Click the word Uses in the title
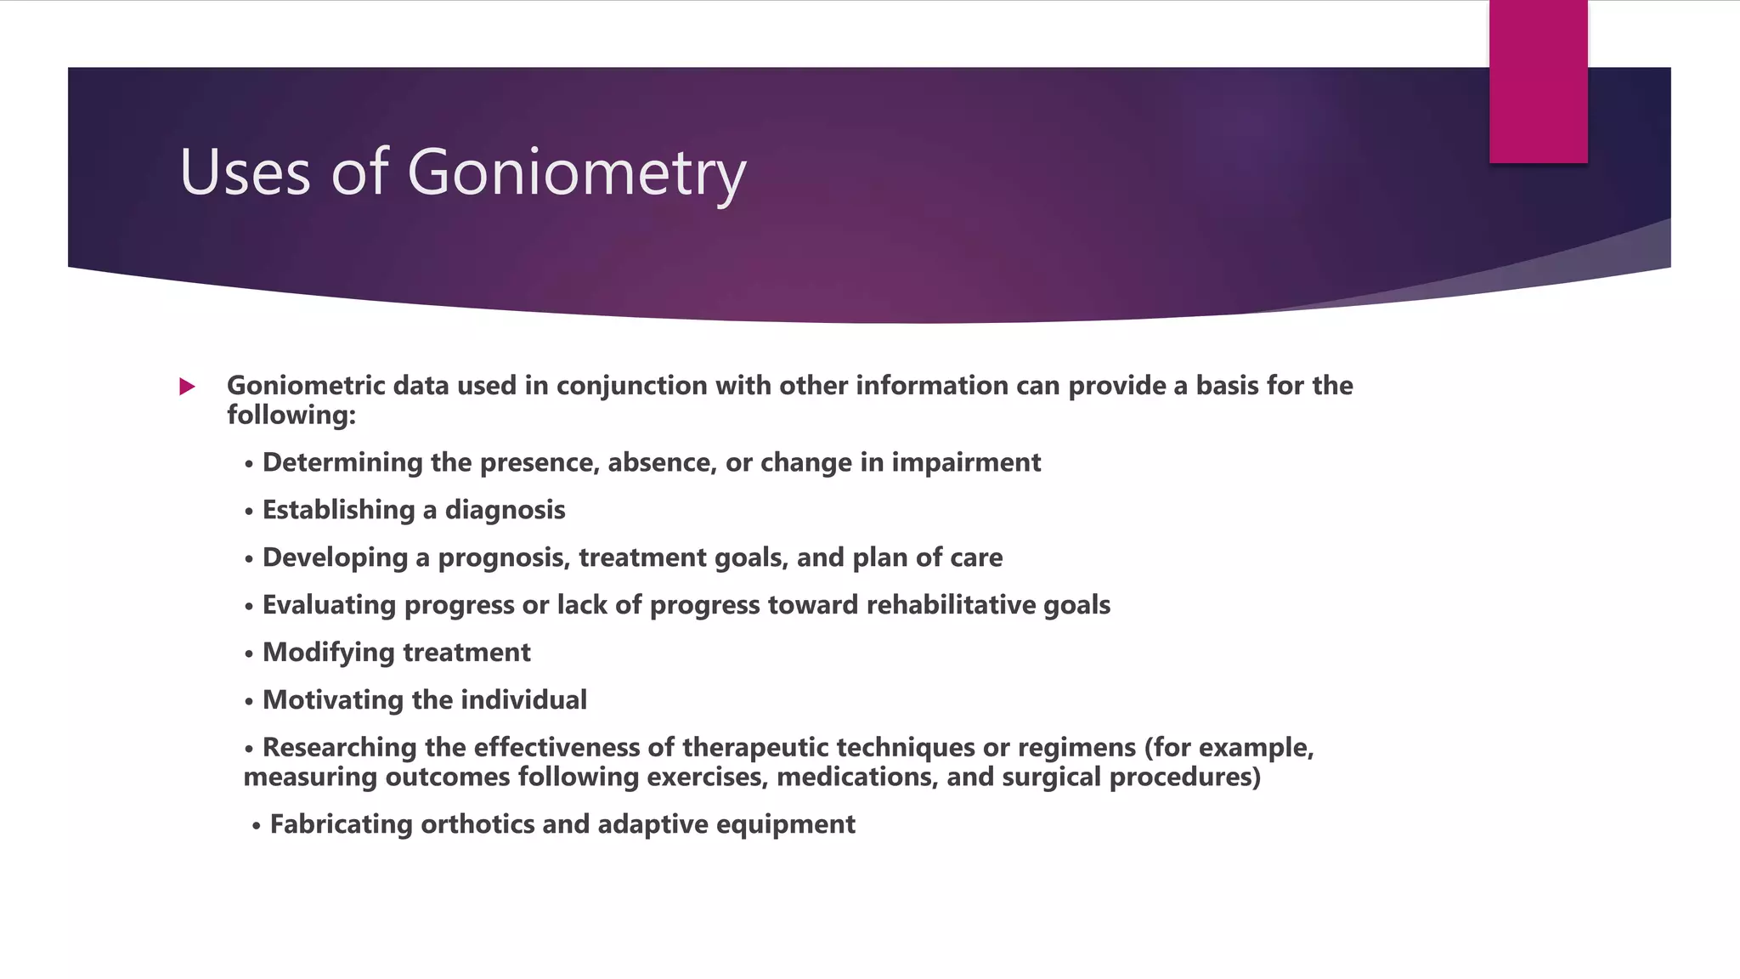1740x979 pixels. (245, 173)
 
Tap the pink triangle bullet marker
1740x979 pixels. (188, 388)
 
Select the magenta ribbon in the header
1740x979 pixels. (1538, 81)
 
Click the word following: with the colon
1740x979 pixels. (291, 416)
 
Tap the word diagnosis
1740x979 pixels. (505, 511)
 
